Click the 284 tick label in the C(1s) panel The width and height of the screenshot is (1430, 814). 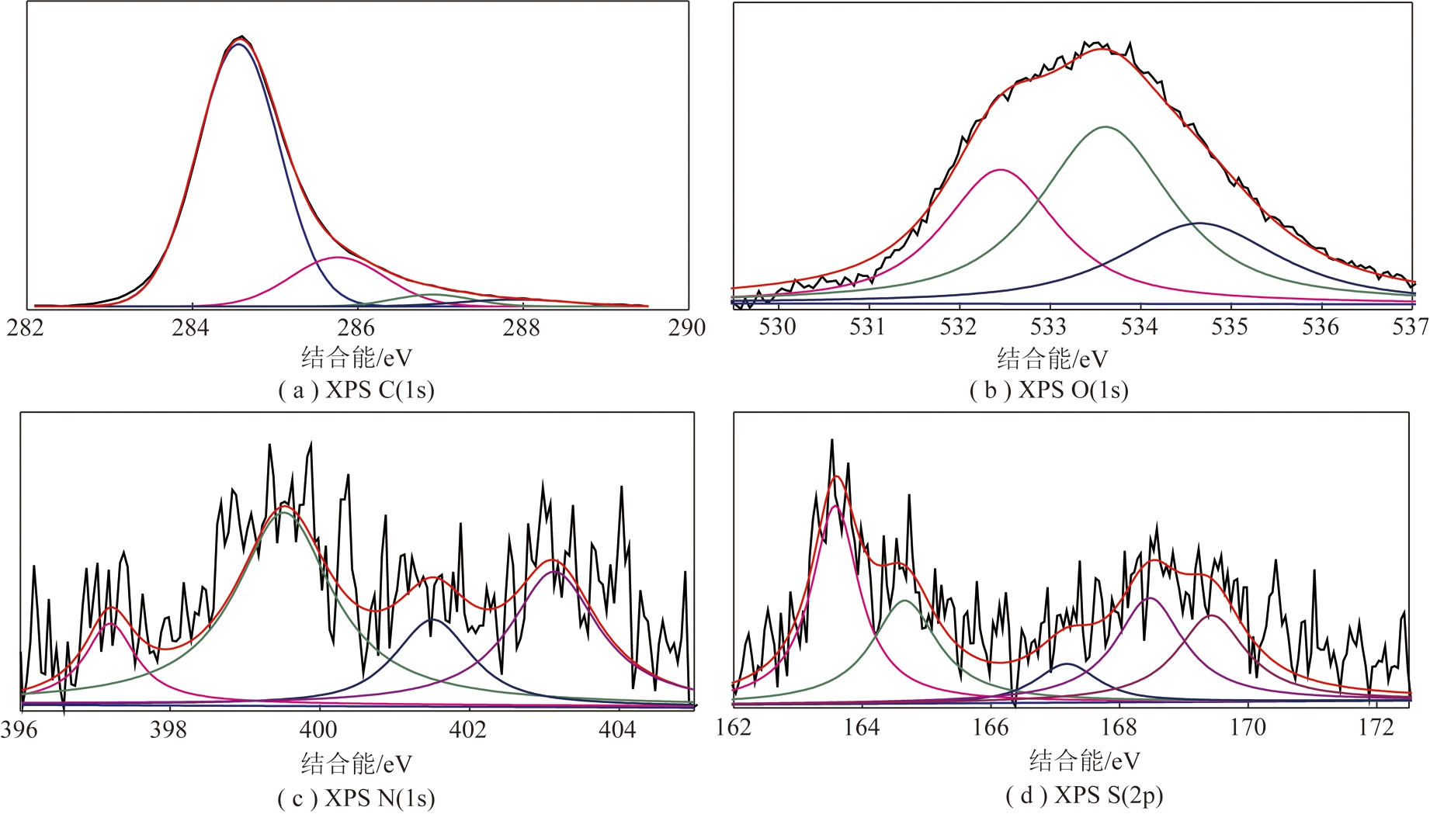coord(191,328)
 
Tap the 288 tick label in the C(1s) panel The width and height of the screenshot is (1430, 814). coord(522,328)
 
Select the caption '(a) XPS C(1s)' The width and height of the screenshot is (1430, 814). coord(356,390)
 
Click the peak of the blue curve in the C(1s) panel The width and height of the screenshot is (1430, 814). coord(238,44)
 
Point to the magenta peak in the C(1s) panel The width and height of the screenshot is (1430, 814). coord(337,257)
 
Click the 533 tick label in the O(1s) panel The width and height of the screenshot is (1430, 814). coord(1049,327)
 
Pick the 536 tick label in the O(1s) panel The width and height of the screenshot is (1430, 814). coord(1321,327)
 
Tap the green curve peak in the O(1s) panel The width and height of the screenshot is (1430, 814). coord(1105,126)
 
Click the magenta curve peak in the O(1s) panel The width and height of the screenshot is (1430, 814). coord(1001,169)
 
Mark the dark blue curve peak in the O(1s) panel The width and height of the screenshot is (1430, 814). coord(1199,223)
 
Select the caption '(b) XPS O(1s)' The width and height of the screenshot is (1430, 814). coord(1049,390)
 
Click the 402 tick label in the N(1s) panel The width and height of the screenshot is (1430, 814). coord(468,730)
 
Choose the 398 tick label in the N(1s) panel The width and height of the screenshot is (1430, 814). coord(169,730)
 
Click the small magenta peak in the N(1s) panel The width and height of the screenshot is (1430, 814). coord(110,623)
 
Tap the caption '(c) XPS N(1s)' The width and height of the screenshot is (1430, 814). coord(356,798)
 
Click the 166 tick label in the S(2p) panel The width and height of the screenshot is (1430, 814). coord(991,728)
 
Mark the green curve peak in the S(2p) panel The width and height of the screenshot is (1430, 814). coord(904,600)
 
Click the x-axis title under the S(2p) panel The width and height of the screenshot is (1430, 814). coord(1085,761)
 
